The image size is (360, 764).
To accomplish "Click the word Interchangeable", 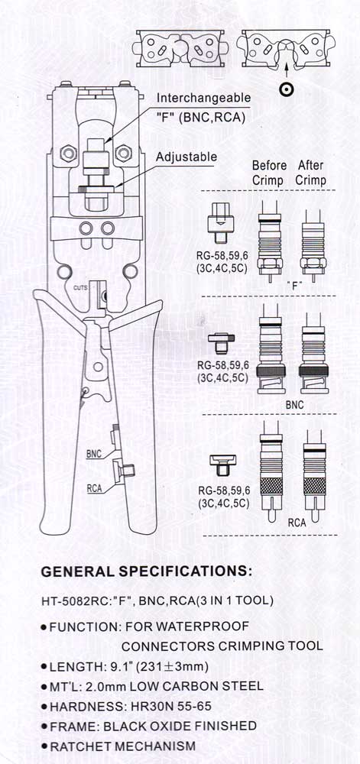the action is point(203,98).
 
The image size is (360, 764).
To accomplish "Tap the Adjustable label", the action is point(186,157).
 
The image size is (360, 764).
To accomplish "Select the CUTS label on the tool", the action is point(80,287).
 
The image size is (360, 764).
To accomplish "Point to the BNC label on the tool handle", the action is point(93,454).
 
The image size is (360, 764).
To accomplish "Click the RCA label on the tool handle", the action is point(95,487).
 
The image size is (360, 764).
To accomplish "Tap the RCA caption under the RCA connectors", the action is point(297,523).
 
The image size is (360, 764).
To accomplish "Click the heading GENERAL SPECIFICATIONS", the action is point(147,571).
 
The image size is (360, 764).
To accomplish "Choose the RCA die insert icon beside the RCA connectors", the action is point(222,465).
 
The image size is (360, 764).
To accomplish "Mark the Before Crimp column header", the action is point(269,173).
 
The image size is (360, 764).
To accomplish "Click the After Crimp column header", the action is point(311,173).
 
